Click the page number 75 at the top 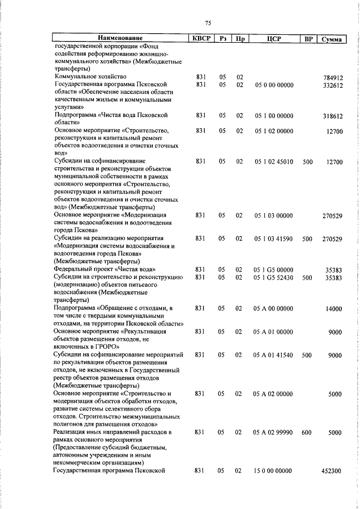point(208,23)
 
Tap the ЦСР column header point(274,39)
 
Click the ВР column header point(308,39)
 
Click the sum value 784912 point(333,77)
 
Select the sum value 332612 point(333,85)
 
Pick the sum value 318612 point(333,116)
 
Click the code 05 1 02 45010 point(274,162)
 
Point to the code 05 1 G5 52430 point(274,277)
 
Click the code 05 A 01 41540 point(274,355)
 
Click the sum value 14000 point(334,309)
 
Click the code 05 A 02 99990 point(274,432)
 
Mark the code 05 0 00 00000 point(274,85)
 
